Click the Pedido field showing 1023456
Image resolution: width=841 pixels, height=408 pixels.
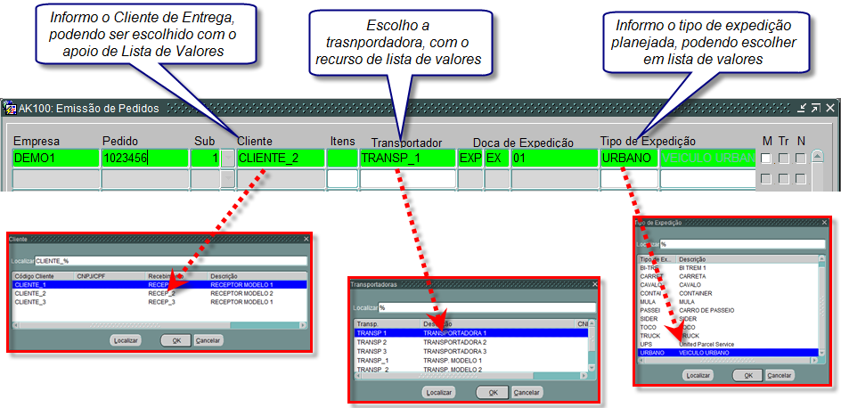pyautogui.click(x=144, y=159)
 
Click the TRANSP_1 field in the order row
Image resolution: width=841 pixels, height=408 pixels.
pyautogui.click(x=405, y=159)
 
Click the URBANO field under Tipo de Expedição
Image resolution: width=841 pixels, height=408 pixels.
pyautogui.click(x=628, y=159)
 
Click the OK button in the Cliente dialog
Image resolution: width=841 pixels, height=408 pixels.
pyautogui.click(x=176, y=340)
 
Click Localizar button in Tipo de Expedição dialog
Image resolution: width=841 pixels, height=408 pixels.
pyautogui.click(x=698, y=375)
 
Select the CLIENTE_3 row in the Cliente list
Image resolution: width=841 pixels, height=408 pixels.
pyautogui.click(x=30, y=302)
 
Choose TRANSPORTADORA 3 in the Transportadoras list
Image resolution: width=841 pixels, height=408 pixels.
pyautogui.click(x=454, y=351)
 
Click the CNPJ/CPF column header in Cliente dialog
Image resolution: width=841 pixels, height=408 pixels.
pyautogui.click(x=91, y=276)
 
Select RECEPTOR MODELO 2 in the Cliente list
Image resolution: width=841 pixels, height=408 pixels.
pyautogui.click(x=241, y=293)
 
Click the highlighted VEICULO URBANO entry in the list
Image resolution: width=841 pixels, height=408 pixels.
pyautogui.click(x=705, y=353)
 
